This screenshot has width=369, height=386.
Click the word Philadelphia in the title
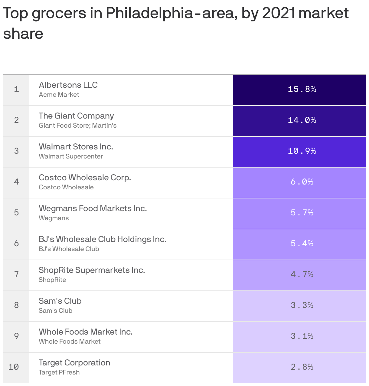coord(149,13)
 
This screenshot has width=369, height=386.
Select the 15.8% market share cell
coord(302,89)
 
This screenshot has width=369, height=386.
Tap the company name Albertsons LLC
coord(68,85)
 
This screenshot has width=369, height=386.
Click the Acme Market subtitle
coord(59,95)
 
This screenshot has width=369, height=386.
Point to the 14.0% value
coord(302,120)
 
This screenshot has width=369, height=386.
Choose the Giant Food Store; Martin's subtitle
coord(77,126)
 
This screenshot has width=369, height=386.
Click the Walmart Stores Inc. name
coord(76,147)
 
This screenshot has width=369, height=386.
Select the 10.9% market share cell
coord(302,151)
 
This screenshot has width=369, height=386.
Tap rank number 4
coord(16,182)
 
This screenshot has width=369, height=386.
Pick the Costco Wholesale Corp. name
coord(85,178)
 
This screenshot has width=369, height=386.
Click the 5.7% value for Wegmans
coord(302,213)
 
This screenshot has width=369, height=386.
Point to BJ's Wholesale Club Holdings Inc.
coord(102,239)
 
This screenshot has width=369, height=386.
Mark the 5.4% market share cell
coord(302,244)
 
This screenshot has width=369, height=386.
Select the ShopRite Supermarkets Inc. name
coord(92,270)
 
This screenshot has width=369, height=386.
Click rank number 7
coord(16,274)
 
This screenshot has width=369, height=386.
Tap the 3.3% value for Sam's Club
coord(302,305)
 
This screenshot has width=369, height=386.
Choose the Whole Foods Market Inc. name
coord(86,332)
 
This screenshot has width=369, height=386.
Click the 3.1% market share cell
coord(302,336)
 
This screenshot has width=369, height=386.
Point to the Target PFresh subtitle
coord(59,372)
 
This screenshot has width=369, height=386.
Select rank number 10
coord(14,367)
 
